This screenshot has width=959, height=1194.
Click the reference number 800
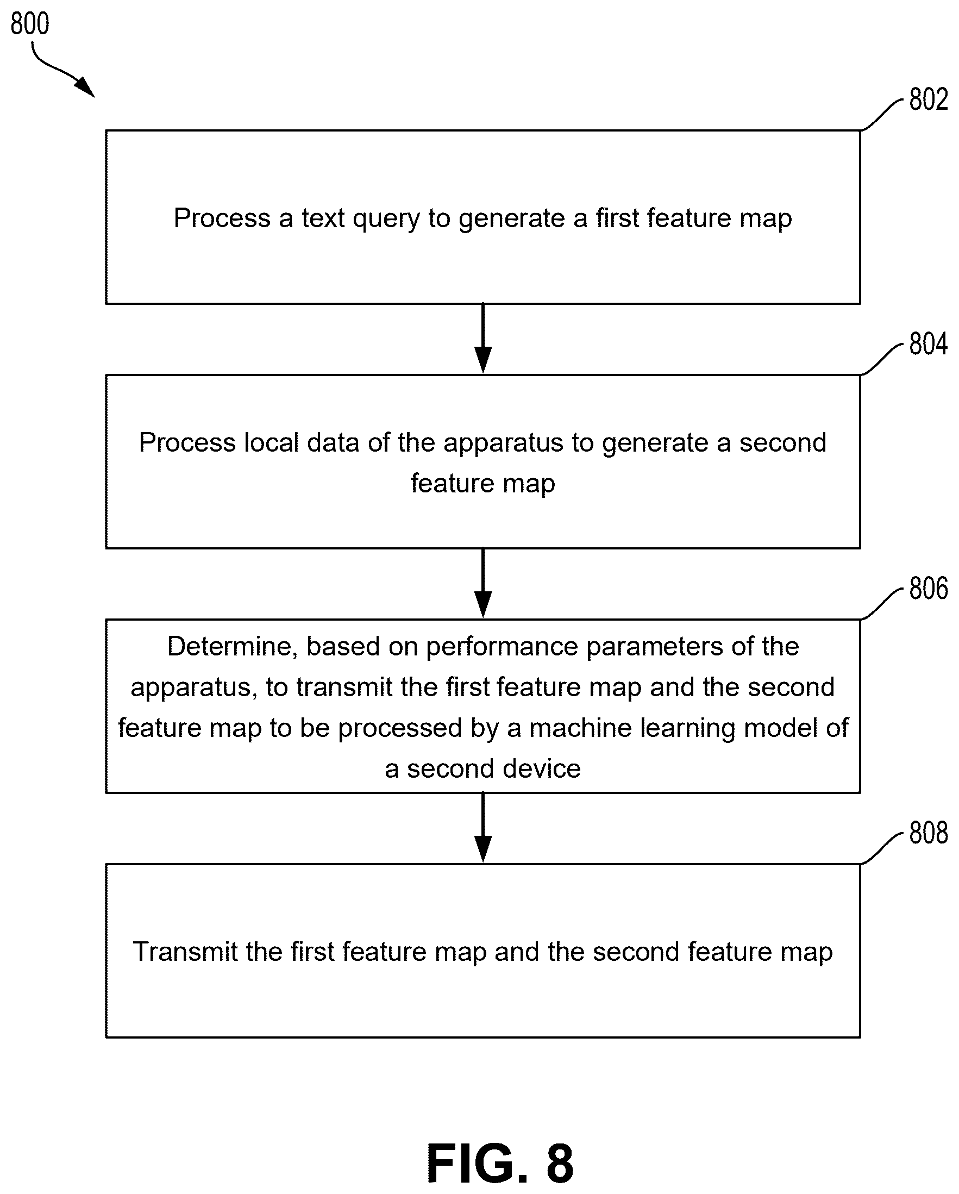click(x=30, y=24)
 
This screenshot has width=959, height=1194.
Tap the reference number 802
click(x=929, y=99)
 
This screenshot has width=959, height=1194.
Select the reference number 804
click(x=929, y=344)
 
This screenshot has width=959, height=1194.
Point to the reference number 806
click(x=929, y=588)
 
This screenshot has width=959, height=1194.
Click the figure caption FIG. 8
click(x=499, y=1164)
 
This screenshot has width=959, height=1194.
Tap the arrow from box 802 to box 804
click(x=483, y=339)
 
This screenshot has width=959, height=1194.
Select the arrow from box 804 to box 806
click(x=483, y=583)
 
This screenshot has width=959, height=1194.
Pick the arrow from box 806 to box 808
click(x=483, y=827)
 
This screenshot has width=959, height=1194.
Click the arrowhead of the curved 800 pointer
click(x=85, y=87)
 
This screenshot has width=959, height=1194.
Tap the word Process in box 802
click(x=222, y=217)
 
